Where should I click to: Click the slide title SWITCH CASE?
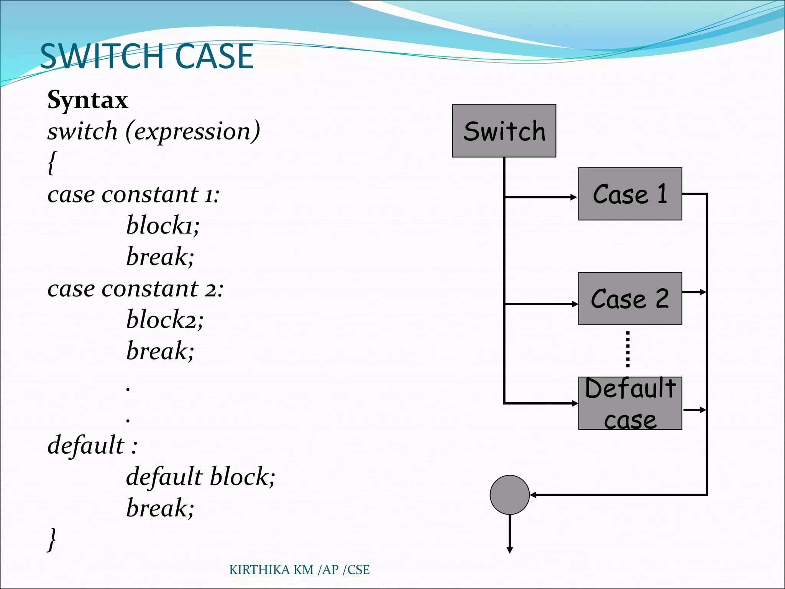(146, 56)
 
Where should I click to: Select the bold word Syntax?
(87, 100)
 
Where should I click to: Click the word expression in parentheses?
(192, 132)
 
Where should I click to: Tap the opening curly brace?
(53, 163)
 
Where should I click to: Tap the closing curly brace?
(52, 539)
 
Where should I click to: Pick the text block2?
(165, 319)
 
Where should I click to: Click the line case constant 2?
(135, 288)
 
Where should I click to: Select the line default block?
(200, 477)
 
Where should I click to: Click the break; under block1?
(160, 257)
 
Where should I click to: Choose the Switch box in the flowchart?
(504, 131)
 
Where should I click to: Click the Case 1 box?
(630, 194)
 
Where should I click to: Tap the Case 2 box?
(630, 298)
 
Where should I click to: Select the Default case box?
(630, 403)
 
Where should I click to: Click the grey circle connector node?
(509, 495)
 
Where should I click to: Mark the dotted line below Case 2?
(627, 349)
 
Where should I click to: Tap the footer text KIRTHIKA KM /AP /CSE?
(299, 570)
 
